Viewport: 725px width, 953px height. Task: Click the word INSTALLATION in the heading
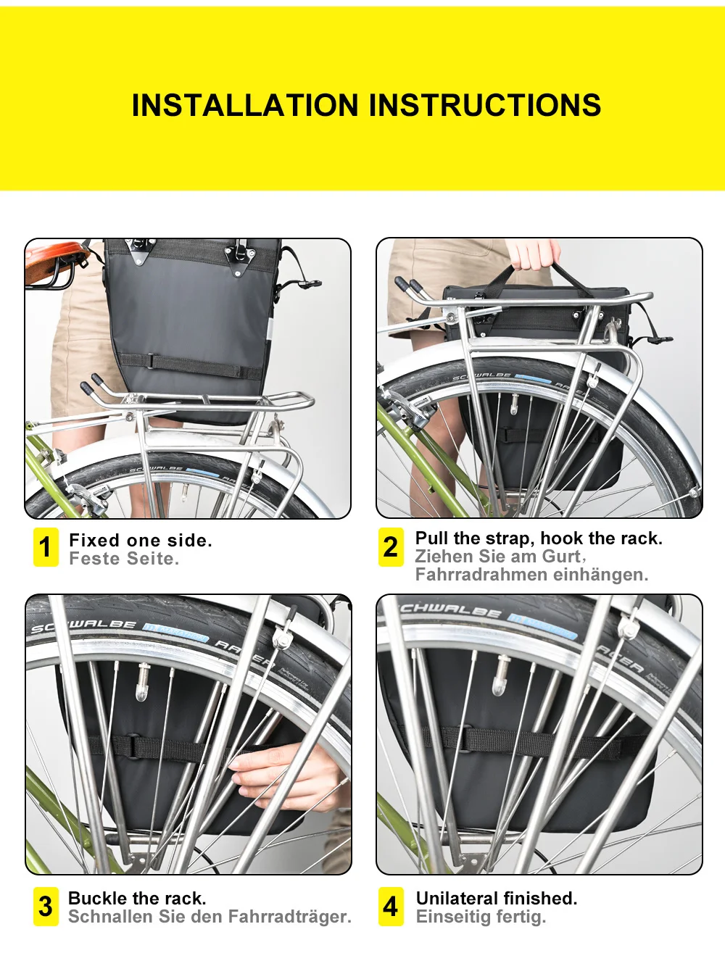point(245,106)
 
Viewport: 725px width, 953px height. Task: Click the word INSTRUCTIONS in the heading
point(485,106)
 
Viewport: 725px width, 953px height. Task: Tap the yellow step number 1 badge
point(46,547)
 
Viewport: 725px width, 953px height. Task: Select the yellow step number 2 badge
point(391,547)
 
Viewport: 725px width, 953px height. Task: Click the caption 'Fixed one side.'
point(141,541)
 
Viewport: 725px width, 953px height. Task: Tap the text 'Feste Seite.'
point(124,559)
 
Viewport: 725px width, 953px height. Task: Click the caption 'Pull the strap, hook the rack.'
point(539,538)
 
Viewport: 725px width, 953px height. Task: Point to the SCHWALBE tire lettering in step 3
point(84,626)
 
